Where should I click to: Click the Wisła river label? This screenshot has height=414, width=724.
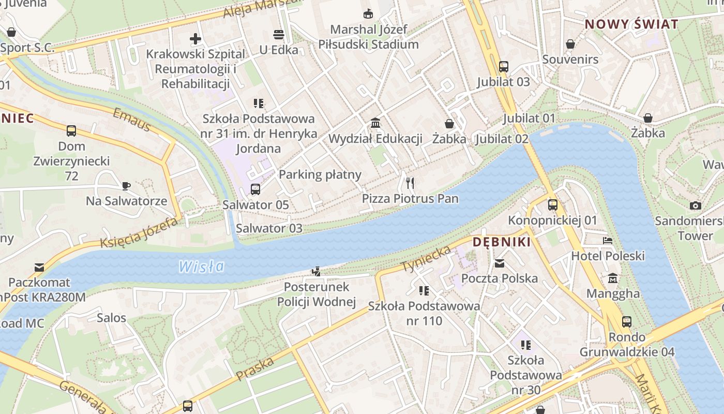[202, 267]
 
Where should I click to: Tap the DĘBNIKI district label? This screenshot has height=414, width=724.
[502, 242]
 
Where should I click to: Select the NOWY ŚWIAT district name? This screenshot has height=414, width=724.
[631, 24]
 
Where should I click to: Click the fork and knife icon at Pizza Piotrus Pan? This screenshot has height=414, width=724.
[410, 183]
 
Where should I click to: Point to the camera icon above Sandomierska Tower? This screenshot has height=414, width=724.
[696, 205]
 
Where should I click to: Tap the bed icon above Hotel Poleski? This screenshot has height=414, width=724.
[608, 241]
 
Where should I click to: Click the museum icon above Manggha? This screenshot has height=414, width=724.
[613, 278]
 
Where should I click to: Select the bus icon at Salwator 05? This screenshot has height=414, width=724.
[255, 189]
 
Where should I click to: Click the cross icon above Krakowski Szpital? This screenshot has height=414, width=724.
[195, 39]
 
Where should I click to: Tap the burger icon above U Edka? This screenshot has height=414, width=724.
[279, 35]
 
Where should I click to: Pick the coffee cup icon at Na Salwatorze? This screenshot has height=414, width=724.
[126, 186]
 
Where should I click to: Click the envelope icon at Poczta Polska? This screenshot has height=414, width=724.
[499, 263]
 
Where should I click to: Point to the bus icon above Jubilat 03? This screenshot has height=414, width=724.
[503, 67]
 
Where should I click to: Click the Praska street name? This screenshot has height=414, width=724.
[254, 369]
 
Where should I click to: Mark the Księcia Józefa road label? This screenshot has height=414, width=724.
[139, 233]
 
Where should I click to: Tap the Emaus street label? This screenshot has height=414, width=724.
[131, 120]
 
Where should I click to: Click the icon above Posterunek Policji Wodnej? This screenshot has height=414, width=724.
[316, 271]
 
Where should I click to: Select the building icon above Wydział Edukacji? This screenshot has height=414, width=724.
[375, 124]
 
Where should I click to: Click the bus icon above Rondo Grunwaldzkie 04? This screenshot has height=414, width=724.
[627, 322]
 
